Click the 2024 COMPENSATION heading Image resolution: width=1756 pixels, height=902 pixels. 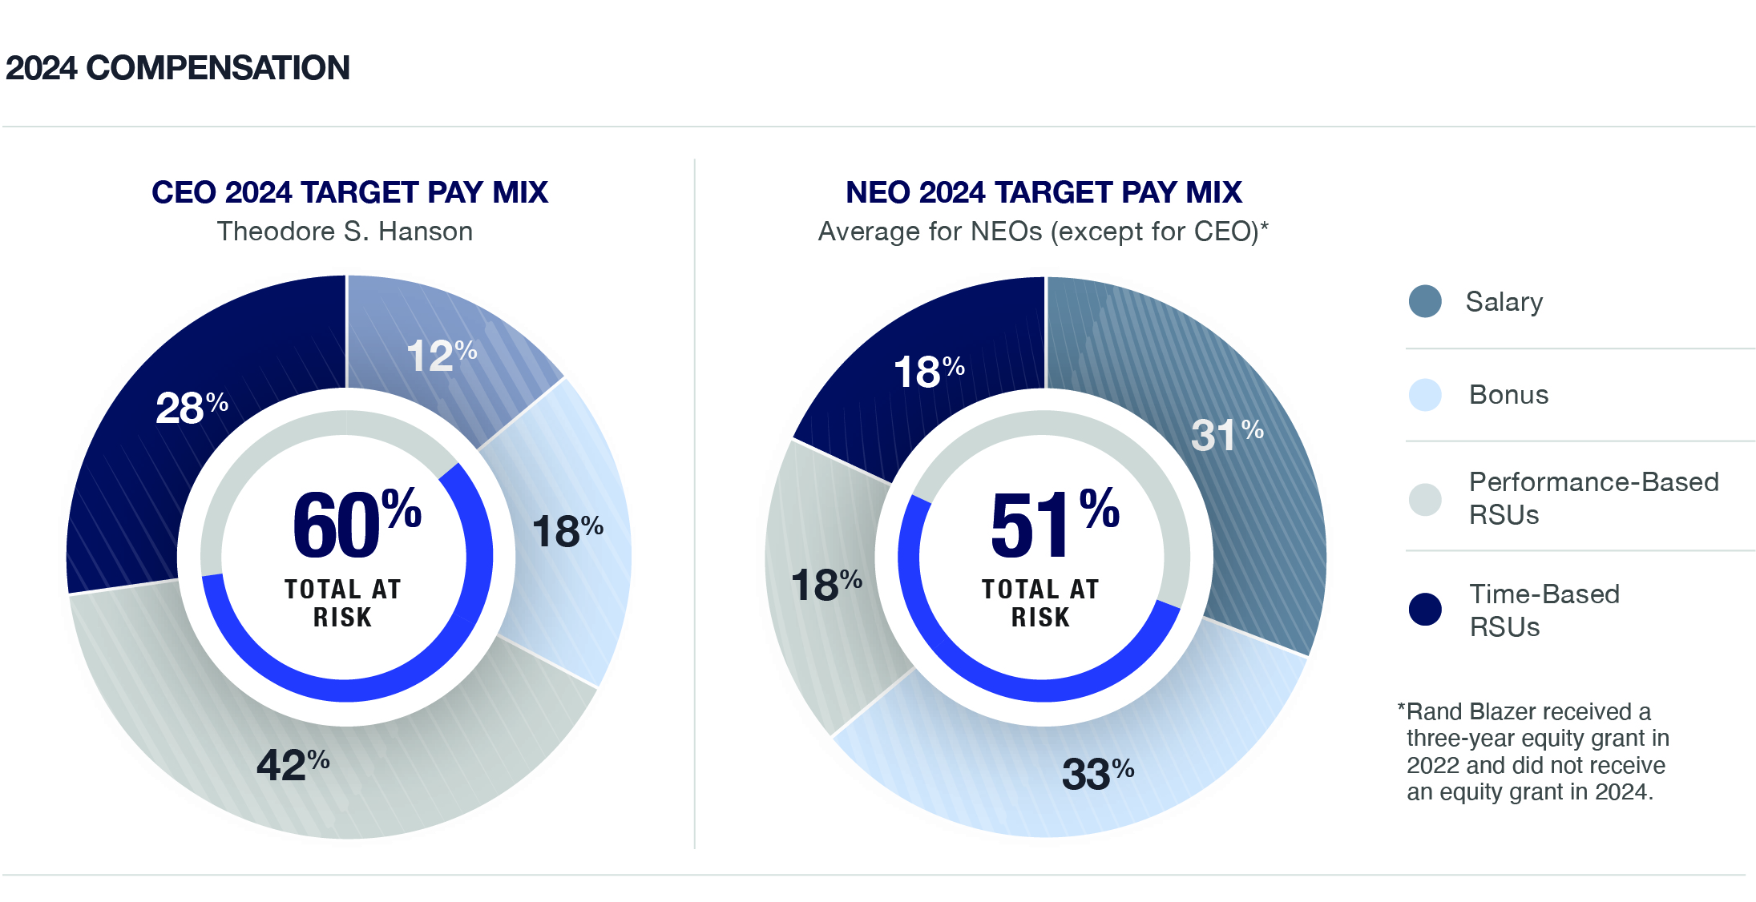point(177,68)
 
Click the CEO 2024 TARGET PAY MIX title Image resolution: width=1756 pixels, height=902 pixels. point(349,192)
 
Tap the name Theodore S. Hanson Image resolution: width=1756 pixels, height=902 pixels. point(345,232)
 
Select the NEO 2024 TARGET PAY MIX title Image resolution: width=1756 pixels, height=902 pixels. point(1043,192)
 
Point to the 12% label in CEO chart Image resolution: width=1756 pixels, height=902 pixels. point(440,356)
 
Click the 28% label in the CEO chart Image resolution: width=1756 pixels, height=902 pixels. point(191,407)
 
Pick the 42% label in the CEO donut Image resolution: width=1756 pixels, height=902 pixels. point(293,764)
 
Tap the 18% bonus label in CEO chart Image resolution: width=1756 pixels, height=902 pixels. point(567,531)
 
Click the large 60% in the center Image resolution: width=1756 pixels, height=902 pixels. point(356,525)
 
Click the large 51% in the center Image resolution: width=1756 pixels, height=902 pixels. point(1053,525)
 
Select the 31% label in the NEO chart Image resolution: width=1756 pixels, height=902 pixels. point(1225,435)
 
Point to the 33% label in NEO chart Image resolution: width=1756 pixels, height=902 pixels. point(1096,774)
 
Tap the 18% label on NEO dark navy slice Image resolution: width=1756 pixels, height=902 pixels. point(928,372)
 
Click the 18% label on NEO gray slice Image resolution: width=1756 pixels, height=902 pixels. point(826,584)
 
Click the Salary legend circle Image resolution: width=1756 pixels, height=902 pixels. point(1424,301)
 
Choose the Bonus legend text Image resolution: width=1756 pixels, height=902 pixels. point(1508,395)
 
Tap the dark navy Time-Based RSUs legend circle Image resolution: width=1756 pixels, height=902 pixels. point(1424,609)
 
